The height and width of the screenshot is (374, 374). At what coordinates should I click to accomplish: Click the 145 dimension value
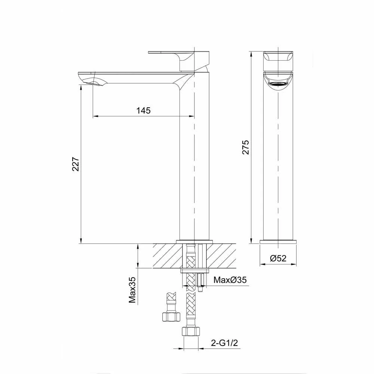[143, 110]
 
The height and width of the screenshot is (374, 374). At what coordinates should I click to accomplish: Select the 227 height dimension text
[75, 164]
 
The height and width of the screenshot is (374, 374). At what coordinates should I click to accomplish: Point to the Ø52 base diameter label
[278, 258]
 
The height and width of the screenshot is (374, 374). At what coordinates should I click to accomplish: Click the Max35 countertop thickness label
[132, 290]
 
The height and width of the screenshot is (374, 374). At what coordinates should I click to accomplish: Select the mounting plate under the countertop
[194, 270]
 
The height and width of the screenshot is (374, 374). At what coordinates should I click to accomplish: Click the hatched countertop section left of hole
[166, 256]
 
